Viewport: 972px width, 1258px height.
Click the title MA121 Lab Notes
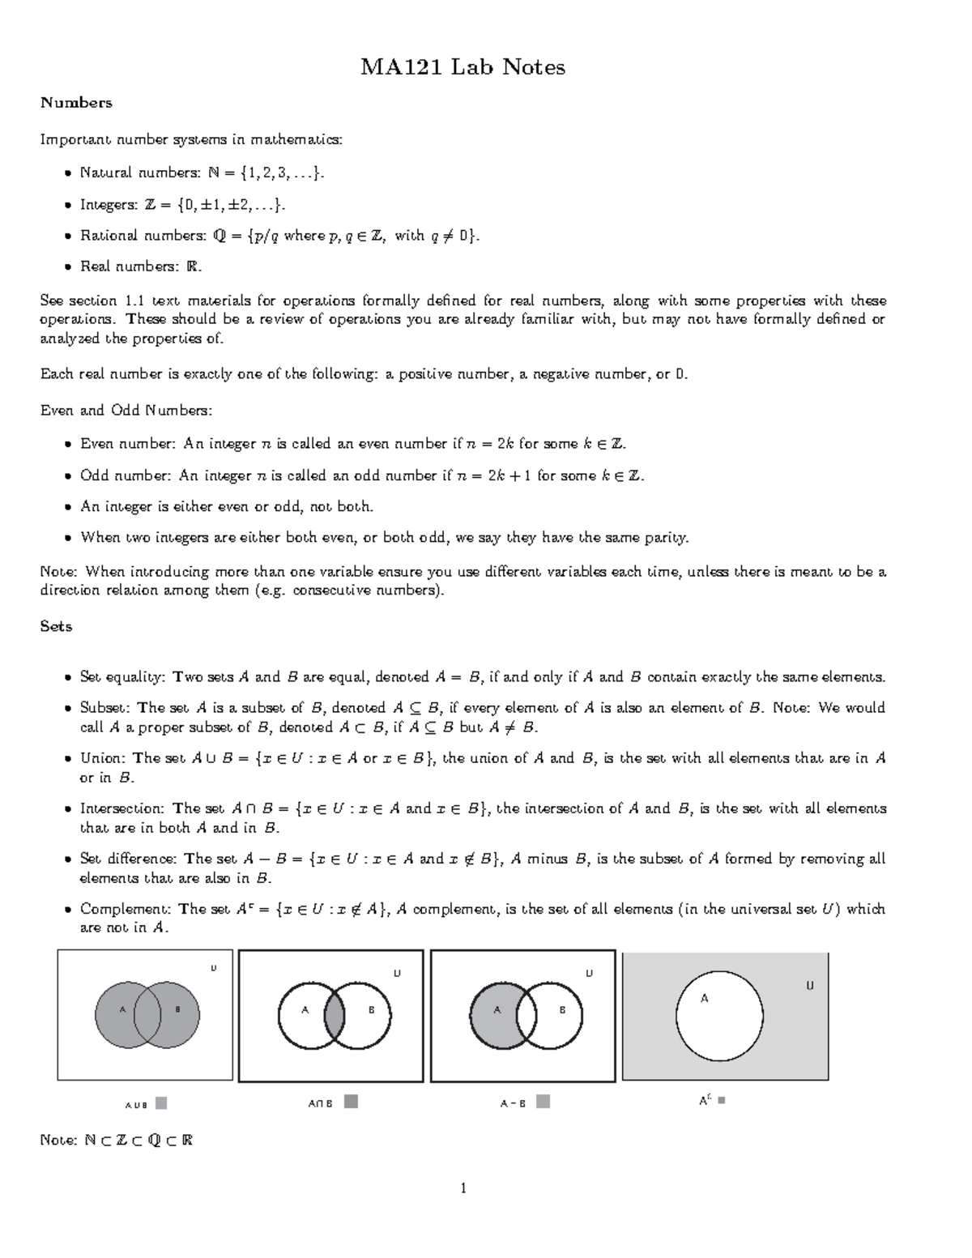(463, 67)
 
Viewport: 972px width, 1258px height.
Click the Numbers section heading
(76, 103)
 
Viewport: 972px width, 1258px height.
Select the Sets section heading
(56, 626)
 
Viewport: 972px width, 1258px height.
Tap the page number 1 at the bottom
(463, 1188)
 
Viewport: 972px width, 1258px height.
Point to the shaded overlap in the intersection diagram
(335, 1015)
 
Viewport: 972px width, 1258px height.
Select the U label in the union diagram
(214, 967)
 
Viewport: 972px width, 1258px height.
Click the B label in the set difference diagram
(562, 1010)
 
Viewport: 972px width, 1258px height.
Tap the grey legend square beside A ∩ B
(351, 1102)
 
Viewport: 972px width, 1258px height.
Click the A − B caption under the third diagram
(513, 1103)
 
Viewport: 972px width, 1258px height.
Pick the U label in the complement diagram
(809, 986)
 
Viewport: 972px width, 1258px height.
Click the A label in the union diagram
(122, 1009)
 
